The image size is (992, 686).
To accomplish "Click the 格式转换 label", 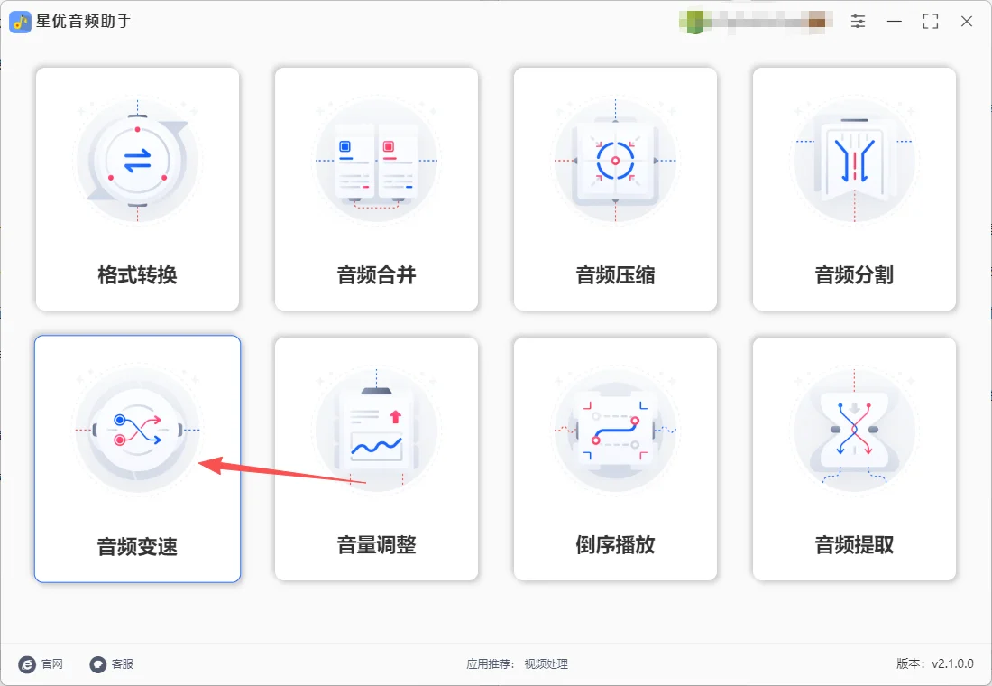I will (137, 275).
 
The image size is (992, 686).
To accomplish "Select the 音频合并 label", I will (376, 275).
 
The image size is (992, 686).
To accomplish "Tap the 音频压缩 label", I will (615, 275).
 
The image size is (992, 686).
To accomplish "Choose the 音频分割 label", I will (854, 275).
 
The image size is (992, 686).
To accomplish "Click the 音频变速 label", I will (137, 545).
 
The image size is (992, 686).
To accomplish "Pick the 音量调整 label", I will (376, 545).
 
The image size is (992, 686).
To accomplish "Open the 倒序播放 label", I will (615, 545).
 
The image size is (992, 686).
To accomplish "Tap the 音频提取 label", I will (854, 545).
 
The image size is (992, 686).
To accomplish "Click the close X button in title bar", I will (966, 22).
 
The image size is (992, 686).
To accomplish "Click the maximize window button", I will (930, 22).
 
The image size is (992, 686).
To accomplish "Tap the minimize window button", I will (894, 22).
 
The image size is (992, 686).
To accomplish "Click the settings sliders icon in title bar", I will (858, 22).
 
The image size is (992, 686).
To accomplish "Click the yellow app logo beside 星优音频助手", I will (20, 22).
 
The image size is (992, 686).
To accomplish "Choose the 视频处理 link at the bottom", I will (547, 664).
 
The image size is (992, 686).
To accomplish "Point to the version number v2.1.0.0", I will (952, 663).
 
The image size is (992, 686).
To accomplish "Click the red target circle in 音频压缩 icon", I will (615, 162).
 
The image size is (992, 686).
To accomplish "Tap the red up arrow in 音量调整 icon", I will (394, 416).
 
